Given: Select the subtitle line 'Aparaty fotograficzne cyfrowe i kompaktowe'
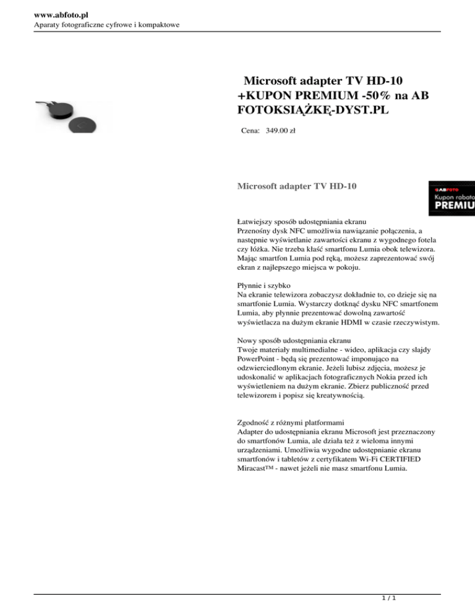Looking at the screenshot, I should (90, 24).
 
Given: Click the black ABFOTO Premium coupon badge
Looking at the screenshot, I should (452, 197).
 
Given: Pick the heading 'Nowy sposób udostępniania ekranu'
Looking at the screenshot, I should (294, 340).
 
